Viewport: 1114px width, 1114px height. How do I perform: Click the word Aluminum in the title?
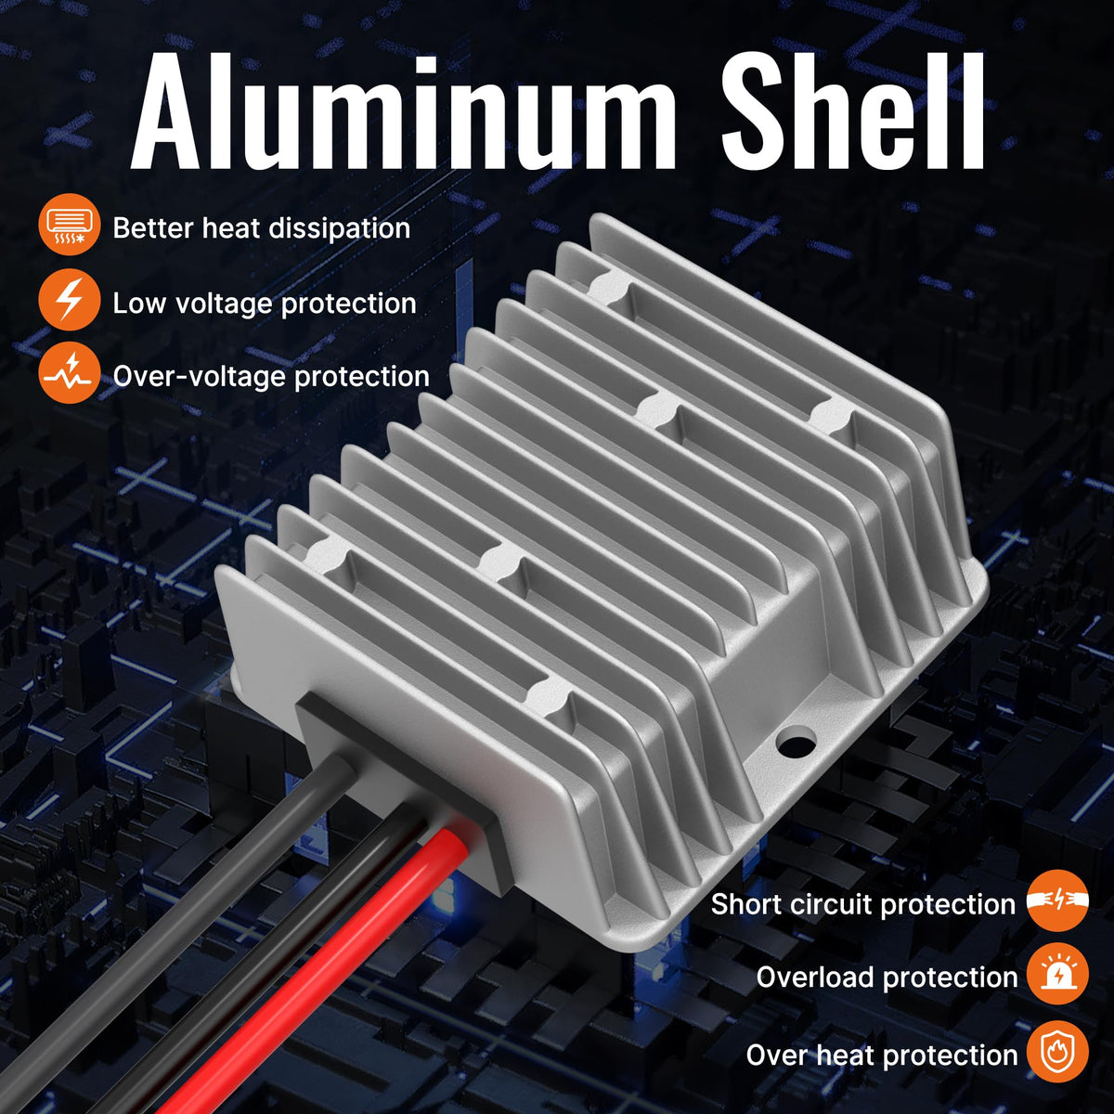(404, 111)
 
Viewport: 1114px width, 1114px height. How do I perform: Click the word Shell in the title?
(853, 111)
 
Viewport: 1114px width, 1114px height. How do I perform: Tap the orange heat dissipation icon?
(70, 225)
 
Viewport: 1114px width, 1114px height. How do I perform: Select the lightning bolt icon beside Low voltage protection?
(70, 300)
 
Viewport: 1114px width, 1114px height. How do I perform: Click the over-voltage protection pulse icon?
(70, 372)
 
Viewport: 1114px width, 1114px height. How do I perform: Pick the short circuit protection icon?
(1057, 900)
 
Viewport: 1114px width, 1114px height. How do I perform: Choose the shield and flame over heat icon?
(1057, 1052)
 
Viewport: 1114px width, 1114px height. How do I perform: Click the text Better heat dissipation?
(261, 227)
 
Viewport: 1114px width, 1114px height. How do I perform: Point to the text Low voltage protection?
(265, 304)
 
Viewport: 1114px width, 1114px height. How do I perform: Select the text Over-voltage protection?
(271, 376)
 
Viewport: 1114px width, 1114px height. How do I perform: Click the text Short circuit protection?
(863, 904)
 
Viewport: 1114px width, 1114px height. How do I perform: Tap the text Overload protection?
(887, 978)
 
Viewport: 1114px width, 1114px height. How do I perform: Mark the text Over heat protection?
(882, 1055)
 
